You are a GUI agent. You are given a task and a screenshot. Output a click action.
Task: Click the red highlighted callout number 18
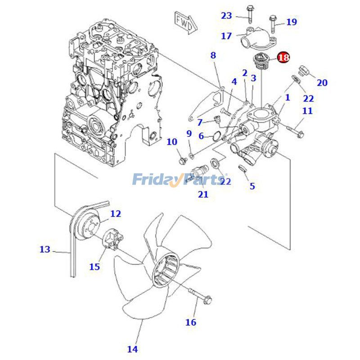pos(283,58)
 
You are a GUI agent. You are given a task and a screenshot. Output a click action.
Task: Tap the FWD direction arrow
pos(183,19)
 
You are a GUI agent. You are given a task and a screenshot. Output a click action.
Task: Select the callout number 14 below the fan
pos(132,348)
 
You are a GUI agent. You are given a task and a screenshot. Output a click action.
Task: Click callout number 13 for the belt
pos(45,249)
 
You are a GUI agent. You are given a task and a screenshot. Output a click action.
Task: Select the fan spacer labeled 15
pos(112,239)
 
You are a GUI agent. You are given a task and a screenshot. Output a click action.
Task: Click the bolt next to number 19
pos(273,21)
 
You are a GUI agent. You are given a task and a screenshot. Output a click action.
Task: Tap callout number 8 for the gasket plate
pos(213,55)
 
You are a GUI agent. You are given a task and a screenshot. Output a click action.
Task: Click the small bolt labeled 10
pos(182,160)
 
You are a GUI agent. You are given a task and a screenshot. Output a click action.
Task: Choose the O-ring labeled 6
pos(217,135)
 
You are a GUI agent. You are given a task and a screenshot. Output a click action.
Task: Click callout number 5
pos(252,185)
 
